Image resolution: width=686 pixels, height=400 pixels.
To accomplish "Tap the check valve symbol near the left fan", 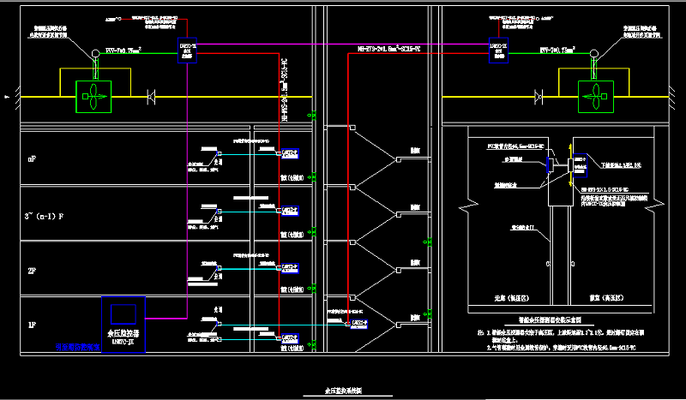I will point(152,97).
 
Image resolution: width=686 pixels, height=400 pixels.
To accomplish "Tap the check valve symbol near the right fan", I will point(540,97).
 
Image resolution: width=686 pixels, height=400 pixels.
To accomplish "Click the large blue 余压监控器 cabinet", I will point(124,324).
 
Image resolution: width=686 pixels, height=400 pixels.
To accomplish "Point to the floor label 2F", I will point(32,272).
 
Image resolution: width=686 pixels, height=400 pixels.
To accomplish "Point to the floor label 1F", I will point(32,325).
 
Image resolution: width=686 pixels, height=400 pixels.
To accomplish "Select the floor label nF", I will point(32,159).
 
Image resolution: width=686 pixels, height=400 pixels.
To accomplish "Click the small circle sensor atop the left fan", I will point(93,57).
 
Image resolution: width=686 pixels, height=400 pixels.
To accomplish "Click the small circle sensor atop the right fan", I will point(593,57).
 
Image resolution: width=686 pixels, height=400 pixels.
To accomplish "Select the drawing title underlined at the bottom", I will point(343,391).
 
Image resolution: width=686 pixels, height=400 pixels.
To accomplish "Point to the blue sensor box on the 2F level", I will point(291,267).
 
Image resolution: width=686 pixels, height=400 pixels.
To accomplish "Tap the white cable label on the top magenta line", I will point(388,49).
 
